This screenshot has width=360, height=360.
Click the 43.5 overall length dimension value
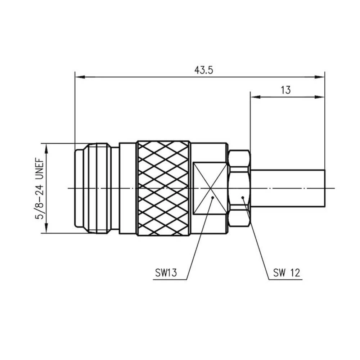[204, 70]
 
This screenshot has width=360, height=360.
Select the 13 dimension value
[285, 90]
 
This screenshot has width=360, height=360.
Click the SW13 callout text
[166, 273]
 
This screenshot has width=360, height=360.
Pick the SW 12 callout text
[286, 273]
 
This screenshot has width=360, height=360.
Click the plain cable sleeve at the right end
[288, 188]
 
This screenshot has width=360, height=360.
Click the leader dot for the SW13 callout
[213, 198]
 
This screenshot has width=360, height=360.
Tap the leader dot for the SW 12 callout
[243, 197]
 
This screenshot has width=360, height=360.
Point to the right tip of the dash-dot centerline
[334, 188]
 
